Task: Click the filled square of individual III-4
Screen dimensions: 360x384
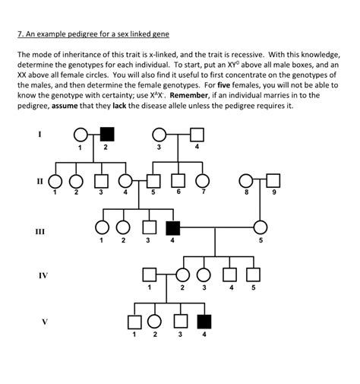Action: (172, 227)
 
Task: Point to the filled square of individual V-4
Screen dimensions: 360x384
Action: (203, 321)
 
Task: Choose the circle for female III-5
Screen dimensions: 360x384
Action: (261, 227)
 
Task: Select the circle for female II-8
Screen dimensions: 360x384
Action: (246, 180)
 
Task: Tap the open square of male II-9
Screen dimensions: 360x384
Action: (273, 180)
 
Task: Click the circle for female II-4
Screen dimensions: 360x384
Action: (126, 181)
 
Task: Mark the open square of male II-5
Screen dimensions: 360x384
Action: (153, 181)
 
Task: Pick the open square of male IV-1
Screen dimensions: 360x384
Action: (150, 275)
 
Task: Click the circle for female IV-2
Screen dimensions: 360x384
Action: (182, 275)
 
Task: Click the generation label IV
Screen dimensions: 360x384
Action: (44, 275)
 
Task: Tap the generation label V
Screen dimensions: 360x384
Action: (44, 321)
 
